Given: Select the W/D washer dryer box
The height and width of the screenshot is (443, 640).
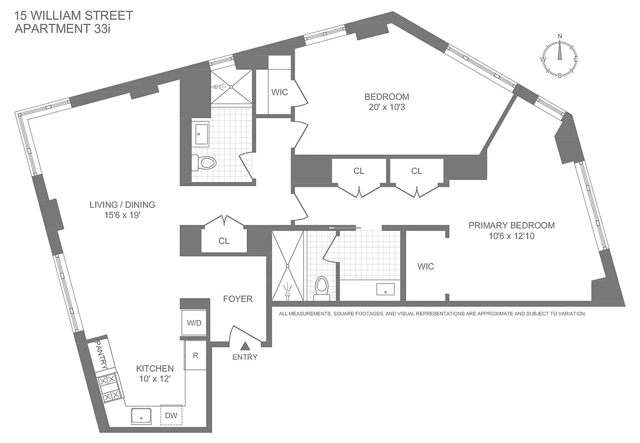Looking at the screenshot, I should (194, 322).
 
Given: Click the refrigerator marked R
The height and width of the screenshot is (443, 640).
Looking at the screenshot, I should (195, 355).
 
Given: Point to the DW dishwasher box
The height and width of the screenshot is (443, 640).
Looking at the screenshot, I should (171, 415).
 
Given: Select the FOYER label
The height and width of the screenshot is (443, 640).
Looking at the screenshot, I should (238, 299).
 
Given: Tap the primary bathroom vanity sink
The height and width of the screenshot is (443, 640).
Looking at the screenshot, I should (385, 289).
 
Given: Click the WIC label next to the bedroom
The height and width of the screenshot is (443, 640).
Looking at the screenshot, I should (280, 92).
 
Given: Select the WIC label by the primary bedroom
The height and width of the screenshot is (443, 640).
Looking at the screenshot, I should (426, 266).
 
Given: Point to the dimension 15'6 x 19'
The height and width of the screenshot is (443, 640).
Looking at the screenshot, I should (122, 215).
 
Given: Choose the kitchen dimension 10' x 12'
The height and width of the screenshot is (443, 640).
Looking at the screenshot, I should (155, 379).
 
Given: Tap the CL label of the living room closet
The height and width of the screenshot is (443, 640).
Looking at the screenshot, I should (224, 241).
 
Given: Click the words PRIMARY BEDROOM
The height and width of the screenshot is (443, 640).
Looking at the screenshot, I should (511, 225).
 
